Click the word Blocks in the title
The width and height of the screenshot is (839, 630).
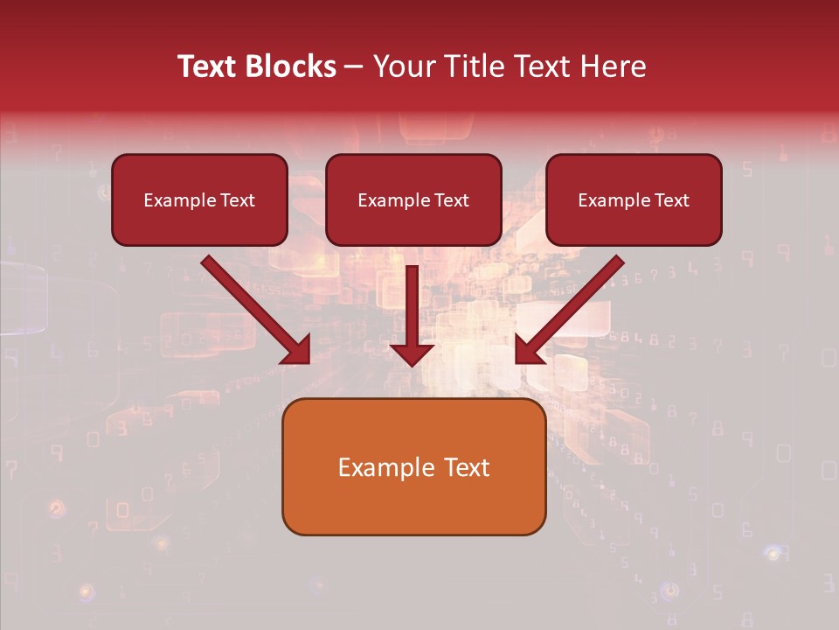(289, 66)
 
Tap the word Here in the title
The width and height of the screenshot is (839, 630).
(613, 66)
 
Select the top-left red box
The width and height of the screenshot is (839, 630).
(199, 200)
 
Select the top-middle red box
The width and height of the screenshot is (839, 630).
(413, 200)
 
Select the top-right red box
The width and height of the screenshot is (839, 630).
(634, 200)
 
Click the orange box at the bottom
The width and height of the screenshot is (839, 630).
(413, 467)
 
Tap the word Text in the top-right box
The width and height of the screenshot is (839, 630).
(671, 200)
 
